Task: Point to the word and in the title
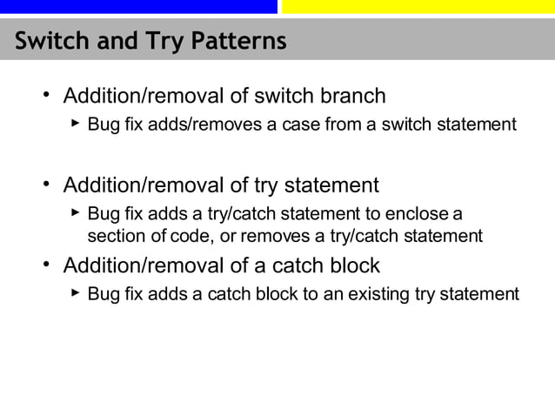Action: (x=106, y=41)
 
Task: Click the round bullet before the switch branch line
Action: (x=46, y=95)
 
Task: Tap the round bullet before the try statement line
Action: (x=46, y=185)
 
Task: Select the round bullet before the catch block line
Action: (x=46, y=265)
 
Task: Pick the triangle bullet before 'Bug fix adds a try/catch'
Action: (x=76, y=213)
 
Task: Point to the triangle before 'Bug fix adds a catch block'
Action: (x=76, y=293)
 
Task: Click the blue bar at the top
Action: (x=138, y=7)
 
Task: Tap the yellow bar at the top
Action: (x=418, y=7)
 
